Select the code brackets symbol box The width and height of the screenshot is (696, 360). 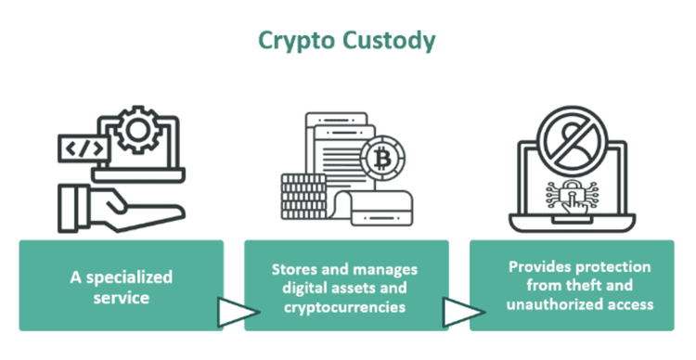(79, 148)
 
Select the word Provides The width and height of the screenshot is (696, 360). (537, 267)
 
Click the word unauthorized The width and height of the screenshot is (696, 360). (547, 302)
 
